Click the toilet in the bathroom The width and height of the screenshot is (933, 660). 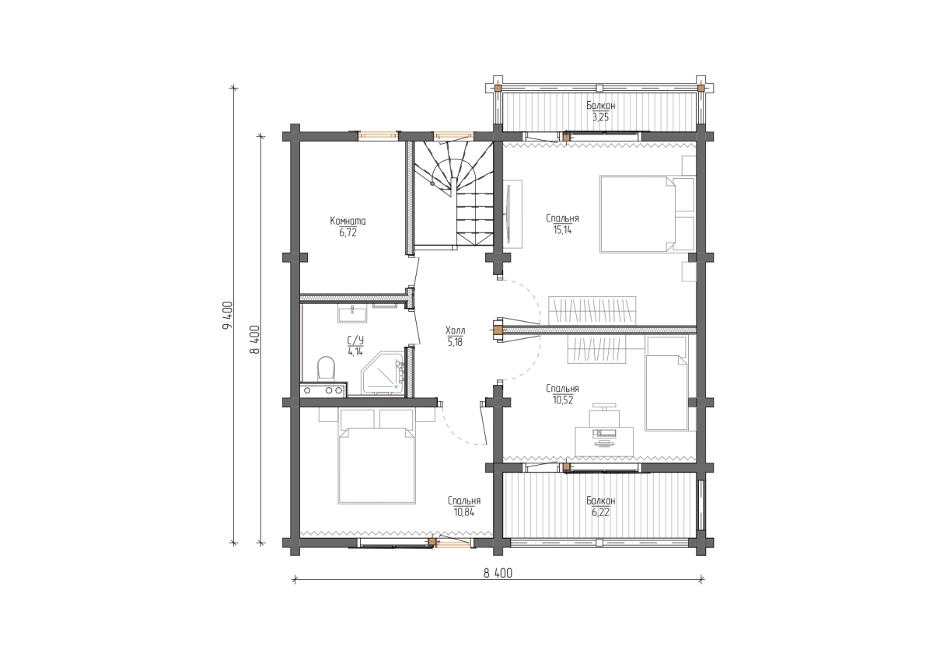pyautogui.click(x=326, y=368)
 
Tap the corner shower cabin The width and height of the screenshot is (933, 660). pyautogui.click(x=383, y=373)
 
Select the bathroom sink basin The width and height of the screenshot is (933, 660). pyautogui.click(x=352, y=314)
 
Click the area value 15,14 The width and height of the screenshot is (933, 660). pyautogui.click(x=562, y=230)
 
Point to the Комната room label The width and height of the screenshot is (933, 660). pyautogui.click(x=348, y=220)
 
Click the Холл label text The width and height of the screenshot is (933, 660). pyautogui.click(x=455, y=330)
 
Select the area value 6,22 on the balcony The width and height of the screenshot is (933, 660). pyautogui.click(x=600, y=512)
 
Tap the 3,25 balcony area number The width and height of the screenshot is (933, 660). pyautogui.click(x=600, y=117)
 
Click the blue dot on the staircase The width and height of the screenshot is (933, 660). pyautogui.click(x=432, y=183)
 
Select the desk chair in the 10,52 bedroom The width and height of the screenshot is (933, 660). pyautogui.click(x=604, y=414)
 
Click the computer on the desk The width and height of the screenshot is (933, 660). pyautogui.click(x=604, y=437)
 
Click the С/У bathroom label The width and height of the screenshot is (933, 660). pyautogui.click(x=355, y=341)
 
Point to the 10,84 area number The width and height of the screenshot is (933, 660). pyautogui.click(x=464, y=512)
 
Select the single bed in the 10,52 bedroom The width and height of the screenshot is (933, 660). pyautogui.click(x=666, y=383)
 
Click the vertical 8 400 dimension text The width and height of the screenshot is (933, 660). pyautogui.click(x=255, y=340)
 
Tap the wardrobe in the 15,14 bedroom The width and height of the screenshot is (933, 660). pyautogui.click(x=592, y=310)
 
